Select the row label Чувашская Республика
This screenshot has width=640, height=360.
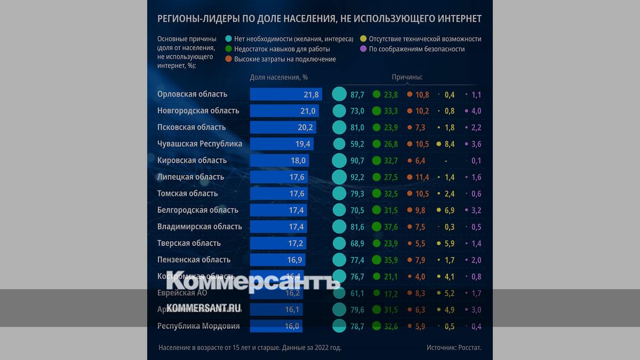pyautogui.click(x=199, y=144)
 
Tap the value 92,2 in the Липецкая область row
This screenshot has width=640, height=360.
pyautogui.click(x=357, y=177)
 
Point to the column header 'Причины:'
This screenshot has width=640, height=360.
pyautogui.click(x=407, y=77)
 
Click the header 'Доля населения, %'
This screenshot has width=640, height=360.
pyautogui.click(x=279, y=77)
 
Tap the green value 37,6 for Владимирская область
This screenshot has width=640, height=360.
pyautogui.click(x=391, y=227)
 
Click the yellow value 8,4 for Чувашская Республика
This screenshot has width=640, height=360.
pyautogui.click(x=450, y=144)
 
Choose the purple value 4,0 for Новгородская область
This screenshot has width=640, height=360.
pyautogui.click(x=476, y=111)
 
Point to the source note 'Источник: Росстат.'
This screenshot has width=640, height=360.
pyautogui.click(x=454, y=348)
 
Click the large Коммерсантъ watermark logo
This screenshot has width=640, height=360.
pyautogui.click(x=253, y=282)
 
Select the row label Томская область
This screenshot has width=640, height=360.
pyautogui.click(x=188, y=194)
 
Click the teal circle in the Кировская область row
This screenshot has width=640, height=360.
pyautogui.click(x=339, y=161)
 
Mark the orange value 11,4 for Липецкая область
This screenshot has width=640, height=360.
pyautogui.click(x=422, y=177)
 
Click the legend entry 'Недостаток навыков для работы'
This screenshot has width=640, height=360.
pyautogui.click(x=282, y=49)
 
